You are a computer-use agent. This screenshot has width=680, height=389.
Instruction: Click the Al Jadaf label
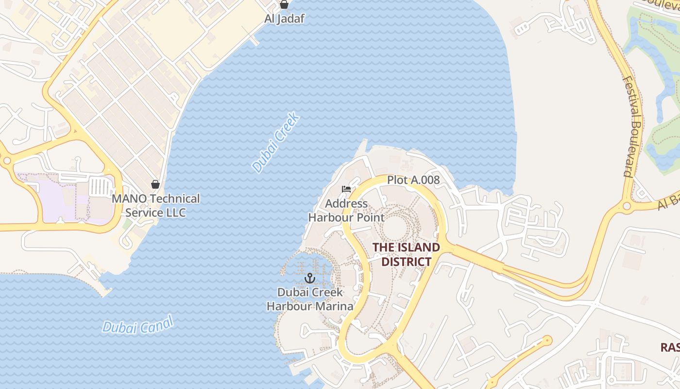[x=284, y=19]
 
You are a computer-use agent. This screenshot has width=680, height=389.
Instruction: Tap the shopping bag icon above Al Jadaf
[x=284, y=5]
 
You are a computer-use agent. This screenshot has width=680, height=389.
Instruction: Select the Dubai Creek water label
[x=275, y=142]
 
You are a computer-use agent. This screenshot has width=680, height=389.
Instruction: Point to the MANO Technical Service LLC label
[x=155, y=206]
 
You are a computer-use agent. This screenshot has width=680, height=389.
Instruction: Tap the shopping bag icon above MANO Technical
[x=155, y=184]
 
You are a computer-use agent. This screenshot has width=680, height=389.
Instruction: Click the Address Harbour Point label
[x=346, y=211]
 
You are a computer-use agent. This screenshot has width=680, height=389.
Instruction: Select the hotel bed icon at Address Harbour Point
[x=346, y=189]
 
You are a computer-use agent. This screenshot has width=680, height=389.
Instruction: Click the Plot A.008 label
[x=413, y=180]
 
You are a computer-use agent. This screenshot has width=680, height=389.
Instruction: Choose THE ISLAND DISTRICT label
[x=406, y=254]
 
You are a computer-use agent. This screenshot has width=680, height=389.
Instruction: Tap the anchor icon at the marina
[x=309, y=278]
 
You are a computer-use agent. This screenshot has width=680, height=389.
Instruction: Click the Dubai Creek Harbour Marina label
[x=310, y=299]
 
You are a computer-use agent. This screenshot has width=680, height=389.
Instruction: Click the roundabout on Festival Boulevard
[x=627, y=206]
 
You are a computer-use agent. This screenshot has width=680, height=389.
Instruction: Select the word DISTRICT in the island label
[x=406, y=262]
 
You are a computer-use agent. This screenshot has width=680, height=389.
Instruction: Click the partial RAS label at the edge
[x=670, y=347]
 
